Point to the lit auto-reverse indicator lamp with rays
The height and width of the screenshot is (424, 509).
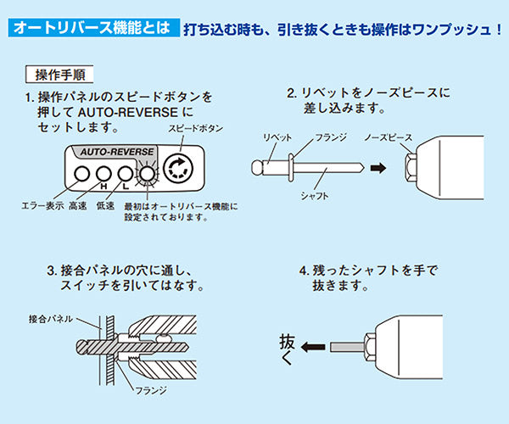148,176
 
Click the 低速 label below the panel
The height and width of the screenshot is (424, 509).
105,205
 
